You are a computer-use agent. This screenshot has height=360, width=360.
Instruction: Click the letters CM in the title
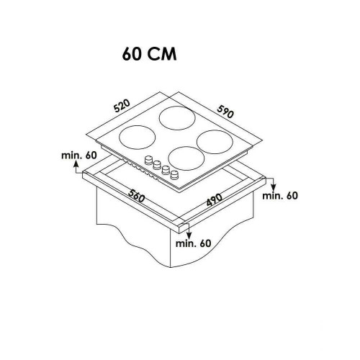[162, 54]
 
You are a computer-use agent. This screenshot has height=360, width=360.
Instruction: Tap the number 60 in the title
[131, 54]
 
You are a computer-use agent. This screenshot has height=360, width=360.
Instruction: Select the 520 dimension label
[122, 106]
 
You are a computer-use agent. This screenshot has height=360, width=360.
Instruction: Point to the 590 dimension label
[225, 112]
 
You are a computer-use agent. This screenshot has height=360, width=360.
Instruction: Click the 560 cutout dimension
[136, 196]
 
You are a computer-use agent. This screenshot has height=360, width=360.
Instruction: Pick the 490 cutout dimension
[215, 199]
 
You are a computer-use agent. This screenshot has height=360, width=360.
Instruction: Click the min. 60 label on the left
[79, 156]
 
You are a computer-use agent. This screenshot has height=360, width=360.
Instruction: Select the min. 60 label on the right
[280, 196]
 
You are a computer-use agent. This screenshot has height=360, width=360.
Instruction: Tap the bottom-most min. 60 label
[193, 243]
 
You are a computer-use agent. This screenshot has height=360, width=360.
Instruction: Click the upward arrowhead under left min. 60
[76, 163]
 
